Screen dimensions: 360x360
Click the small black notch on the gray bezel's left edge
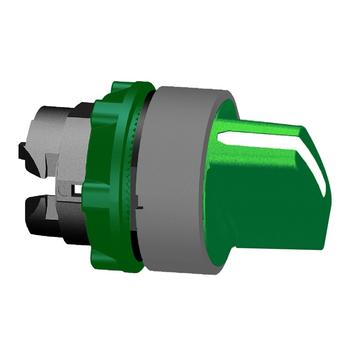click(x=140, y=208)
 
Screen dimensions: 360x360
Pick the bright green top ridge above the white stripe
click(x=261, y=126)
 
